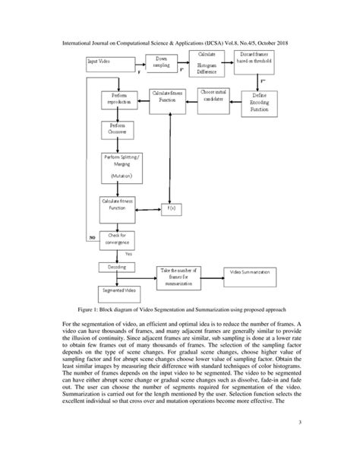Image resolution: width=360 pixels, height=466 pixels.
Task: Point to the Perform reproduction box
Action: click(x=118, y=99)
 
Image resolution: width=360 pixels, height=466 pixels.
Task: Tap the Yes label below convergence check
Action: click(x=128, y=253)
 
